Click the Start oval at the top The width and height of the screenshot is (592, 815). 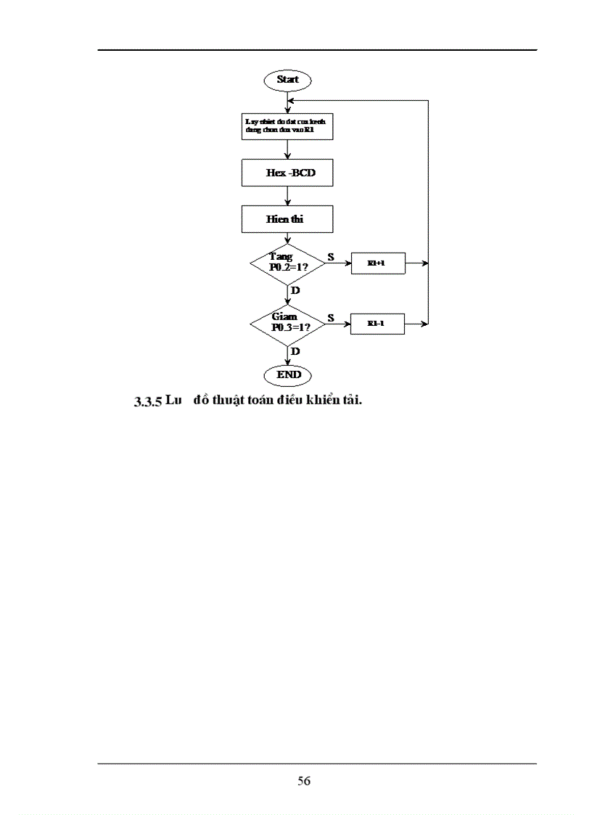288,80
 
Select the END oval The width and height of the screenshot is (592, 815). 288,374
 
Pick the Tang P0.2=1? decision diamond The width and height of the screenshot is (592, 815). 287,263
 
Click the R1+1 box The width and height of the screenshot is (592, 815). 377,263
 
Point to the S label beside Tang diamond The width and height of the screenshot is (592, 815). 331,257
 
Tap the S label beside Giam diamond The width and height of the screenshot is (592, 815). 331,317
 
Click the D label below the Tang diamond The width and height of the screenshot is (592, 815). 295,290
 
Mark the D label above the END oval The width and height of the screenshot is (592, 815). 295,351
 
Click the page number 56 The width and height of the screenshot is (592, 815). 304,782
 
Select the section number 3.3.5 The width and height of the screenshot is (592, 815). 148,402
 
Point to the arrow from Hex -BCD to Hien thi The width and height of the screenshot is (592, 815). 288,196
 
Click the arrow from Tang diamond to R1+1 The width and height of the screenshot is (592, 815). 337,263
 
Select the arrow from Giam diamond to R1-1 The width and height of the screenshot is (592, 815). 337,323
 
